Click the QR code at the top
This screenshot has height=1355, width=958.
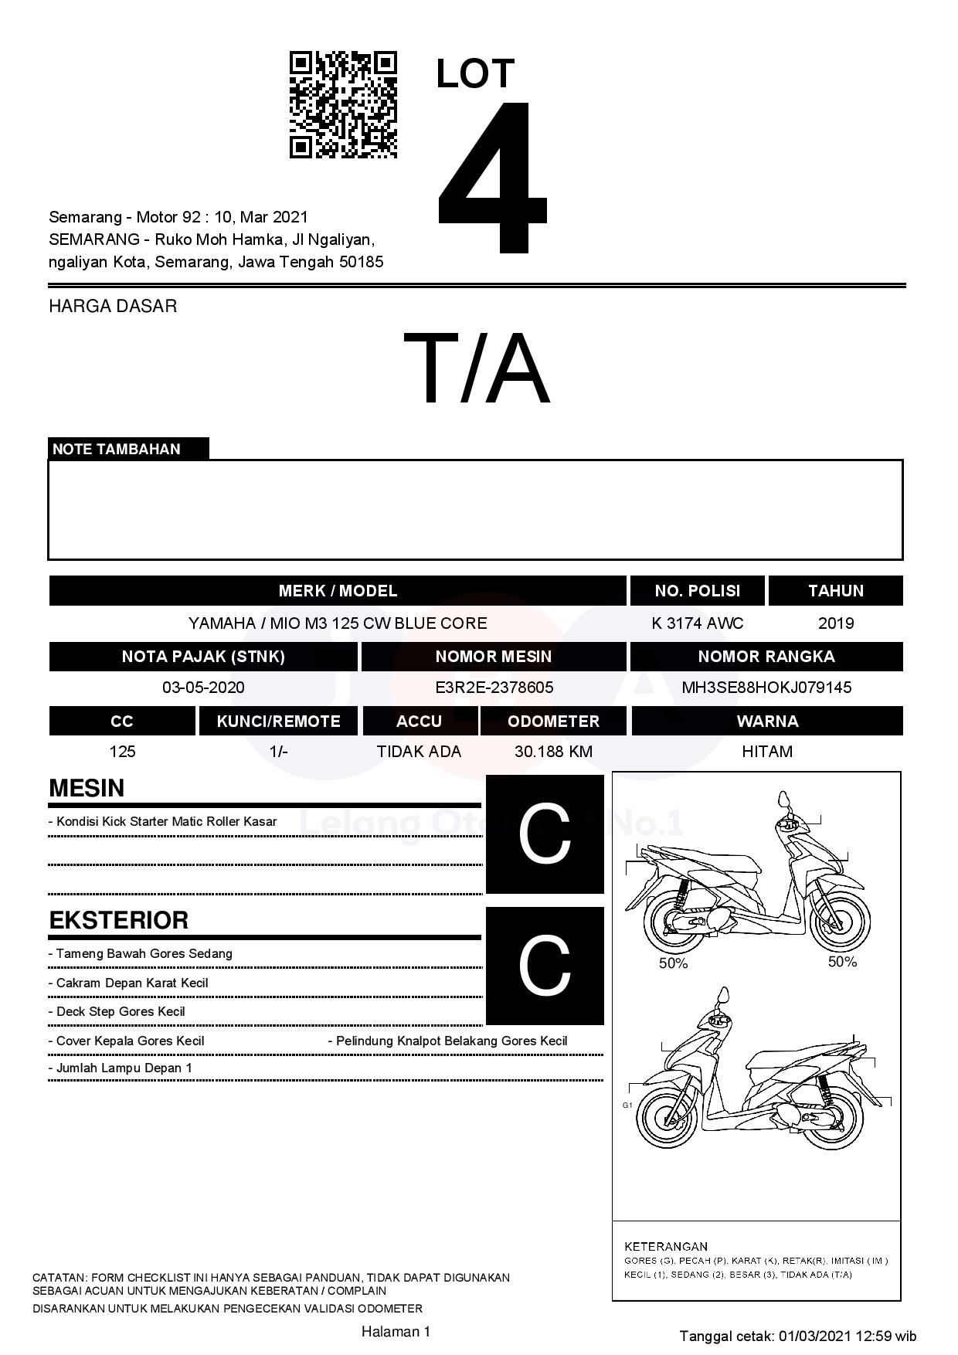tap(343, 105)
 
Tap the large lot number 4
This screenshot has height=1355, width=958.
tap(492, 178)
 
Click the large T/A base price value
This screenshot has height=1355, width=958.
tap(476, 368)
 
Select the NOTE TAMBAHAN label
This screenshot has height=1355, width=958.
tap(117, 449)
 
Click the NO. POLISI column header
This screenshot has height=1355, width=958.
tap(697, 591)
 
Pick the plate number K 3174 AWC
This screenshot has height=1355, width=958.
tap(697, 623)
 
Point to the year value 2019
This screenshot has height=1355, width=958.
tap(835, 623)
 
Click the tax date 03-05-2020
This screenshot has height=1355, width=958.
tap(203, 688)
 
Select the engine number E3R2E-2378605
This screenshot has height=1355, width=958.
tap(494, 688)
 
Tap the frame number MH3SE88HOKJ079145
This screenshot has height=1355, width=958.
tap(766, 688)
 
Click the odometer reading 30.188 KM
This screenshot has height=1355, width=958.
tap(553, 752)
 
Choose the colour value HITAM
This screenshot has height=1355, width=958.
tap(766, 752)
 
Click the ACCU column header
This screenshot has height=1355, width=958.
tap(419, 722)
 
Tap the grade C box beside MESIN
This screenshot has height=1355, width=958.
tap(545, 834)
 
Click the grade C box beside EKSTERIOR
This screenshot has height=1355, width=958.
tap(545, 966)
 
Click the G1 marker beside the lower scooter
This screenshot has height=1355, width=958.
tap(627, 1105)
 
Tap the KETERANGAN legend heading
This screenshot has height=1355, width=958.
tap(665, 1246)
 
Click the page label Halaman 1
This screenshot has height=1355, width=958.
tap(396, 1331)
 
